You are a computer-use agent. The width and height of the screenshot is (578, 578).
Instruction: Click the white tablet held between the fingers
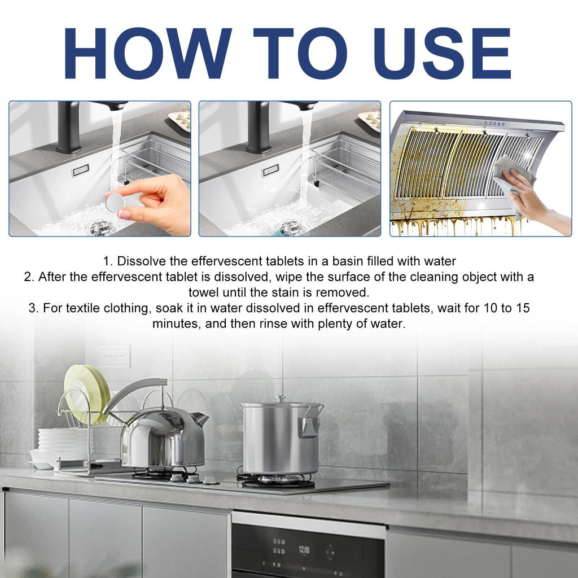pos(115,203)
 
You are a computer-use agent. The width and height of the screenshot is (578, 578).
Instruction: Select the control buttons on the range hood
pos(494,123)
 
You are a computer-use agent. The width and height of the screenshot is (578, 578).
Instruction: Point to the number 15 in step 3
pos(523,308)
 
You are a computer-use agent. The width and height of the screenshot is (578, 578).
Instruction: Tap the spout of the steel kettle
pos(200,419)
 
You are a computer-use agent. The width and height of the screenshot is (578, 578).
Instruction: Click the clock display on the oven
pos(304,548)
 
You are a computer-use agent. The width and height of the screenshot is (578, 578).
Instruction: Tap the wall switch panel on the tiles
pos(115,355)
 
